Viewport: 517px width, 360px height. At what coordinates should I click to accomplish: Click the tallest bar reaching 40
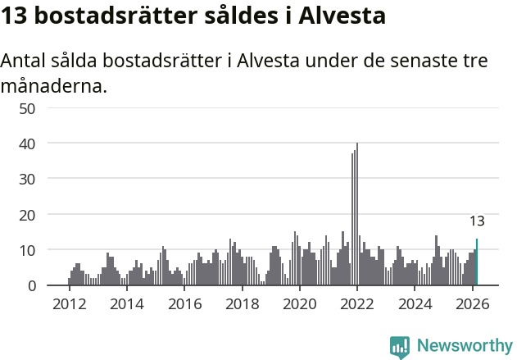[357, 214]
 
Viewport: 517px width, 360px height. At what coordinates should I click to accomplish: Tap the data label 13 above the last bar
[477, 221]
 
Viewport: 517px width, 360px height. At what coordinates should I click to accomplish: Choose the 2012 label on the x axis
[69, 304]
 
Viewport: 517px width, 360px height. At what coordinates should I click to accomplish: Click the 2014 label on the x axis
[126, 304]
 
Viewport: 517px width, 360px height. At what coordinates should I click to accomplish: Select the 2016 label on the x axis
[184, 304]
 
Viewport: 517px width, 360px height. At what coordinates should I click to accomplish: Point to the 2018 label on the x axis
[242, 304]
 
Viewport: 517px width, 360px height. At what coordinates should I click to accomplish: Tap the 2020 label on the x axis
[299, 304]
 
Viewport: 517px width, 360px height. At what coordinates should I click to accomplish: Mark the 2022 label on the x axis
[357, 304]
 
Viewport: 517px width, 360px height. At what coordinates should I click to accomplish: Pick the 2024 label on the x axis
[415, 304]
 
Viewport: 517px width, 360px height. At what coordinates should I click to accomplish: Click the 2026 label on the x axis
[472, 304]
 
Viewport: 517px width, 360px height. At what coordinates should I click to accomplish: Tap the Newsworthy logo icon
[400, 346]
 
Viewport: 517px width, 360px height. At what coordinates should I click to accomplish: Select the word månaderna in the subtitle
[54, 86]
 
